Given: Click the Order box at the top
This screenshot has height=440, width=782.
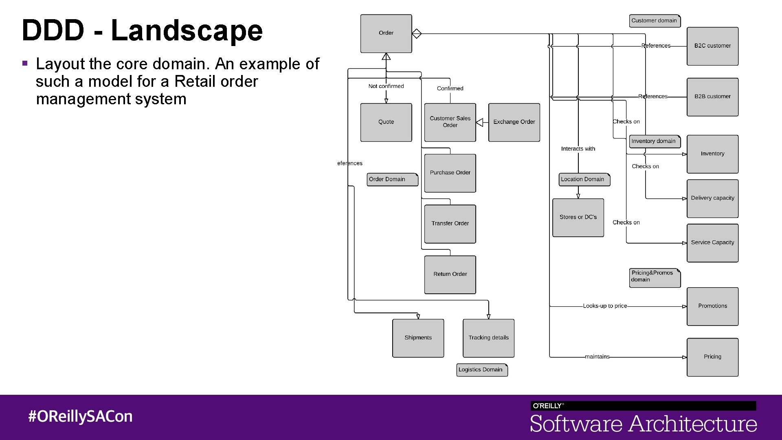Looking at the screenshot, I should tap(386, 33).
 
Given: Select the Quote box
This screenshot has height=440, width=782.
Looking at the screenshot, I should tap(386, 122).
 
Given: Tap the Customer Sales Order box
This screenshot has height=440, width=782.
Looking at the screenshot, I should tap(450, 122).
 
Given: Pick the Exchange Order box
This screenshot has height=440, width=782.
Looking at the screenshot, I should tap(514, 122).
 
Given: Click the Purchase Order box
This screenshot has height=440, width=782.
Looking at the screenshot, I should tap(450, 173).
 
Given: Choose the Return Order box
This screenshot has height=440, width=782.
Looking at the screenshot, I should tap(450, 275).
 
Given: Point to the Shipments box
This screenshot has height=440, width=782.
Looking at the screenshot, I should tap(418, 338).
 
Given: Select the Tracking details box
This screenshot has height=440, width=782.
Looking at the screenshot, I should tap(488, 338).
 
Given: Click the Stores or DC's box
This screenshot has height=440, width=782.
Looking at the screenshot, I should tap(578, 218).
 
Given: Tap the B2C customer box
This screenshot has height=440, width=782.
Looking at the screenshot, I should tap(712, 46).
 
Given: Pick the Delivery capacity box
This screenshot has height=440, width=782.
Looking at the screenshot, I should tap(712, 198).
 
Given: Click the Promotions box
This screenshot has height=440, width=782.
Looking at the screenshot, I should tap(712, 306).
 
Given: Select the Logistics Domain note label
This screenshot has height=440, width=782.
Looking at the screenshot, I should tap(481, 370).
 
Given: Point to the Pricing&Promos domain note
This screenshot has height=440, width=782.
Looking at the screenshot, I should tap(654, 277).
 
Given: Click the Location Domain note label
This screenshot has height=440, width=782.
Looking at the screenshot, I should tap(584, 179).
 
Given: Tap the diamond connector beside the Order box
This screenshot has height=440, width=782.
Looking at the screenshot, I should tap(416, 33).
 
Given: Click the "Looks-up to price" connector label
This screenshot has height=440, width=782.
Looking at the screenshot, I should tap(605, 306).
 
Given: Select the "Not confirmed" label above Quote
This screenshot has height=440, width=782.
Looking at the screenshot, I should tap(386, 86).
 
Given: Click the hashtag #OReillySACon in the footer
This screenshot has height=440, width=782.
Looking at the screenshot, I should tap(80, 416).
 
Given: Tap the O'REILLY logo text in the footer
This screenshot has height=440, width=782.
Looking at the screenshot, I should tap(548, 406).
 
